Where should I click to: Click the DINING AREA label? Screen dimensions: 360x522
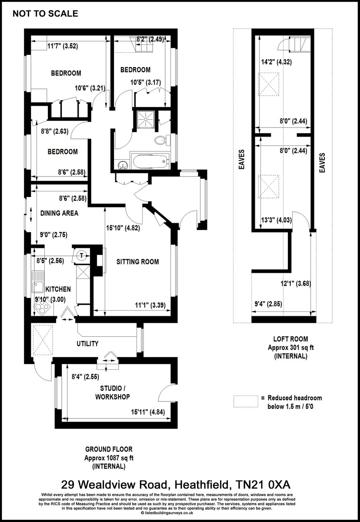[x=59, y=213]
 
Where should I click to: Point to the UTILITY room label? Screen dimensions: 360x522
[x=87, y=344]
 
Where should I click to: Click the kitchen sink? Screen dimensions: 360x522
[x=37, y=281]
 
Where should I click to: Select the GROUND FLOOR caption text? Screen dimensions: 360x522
[x=109, y=449]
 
